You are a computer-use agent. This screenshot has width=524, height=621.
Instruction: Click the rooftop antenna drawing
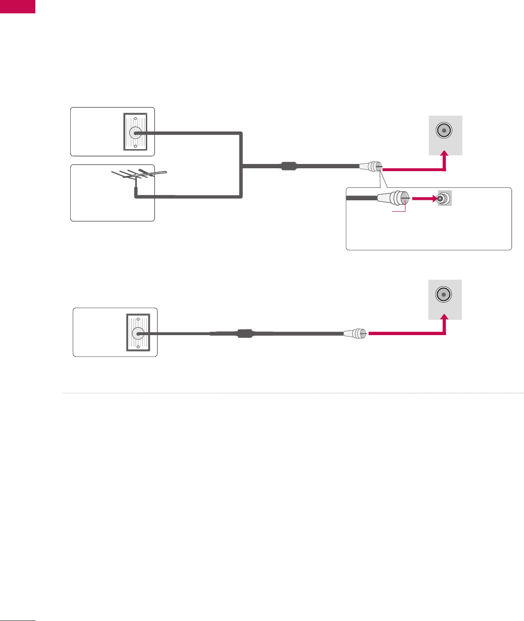pyautogui.click(x=139, y=176)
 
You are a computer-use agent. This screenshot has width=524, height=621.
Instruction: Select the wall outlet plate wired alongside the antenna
pyautogui.click(x=135, y=132)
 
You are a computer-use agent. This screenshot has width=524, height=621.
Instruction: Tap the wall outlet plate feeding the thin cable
pyautogui.click(x=138, y=332)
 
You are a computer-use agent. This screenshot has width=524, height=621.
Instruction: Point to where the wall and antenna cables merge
pyautogui.click(x=242, y=166)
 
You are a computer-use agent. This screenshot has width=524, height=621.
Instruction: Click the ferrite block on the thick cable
pyautogui.click(x=289, y=166)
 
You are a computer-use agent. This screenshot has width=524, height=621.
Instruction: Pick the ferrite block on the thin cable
pyautogui.click(x=245, y=333)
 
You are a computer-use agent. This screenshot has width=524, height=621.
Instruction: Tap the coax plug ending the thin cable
pyautogui.click(x=355, y=333)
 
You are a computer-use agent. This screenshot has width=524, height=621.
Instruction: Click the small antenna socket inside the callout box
pyautogui.click(x=444, y=198)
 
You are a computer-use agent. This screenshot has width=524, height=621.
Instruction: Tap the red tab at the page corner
pyautogui.click(x=18, y=6)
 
